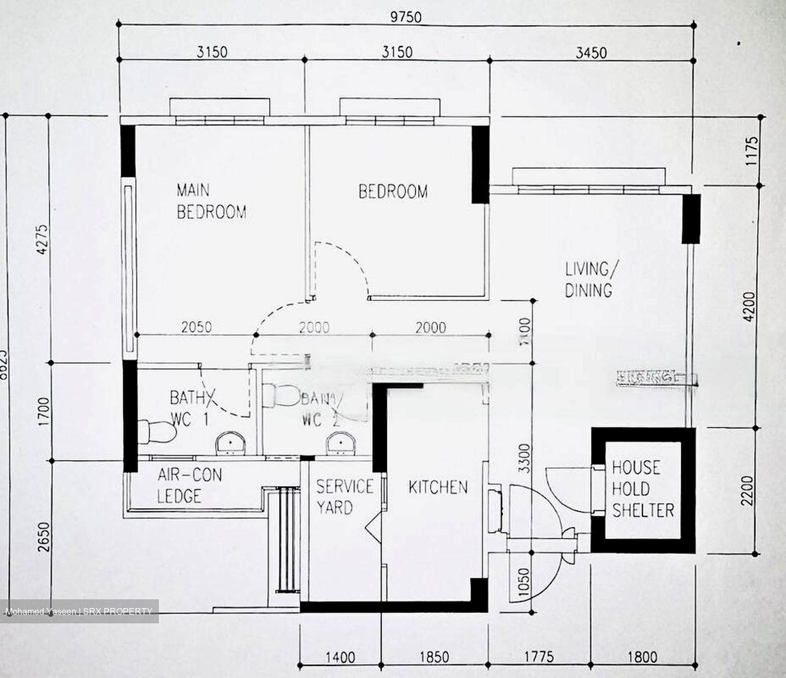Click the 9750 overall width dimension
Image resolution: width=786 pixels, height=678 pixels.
tap(406, 17)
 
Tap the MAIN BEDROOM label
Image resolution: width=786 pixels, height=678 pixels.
tap(211, 201)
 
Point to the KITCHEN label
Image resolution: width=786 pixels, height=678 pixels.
tap(438, 487)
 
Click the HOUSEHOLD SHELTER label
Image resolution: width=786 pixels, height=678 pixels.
tap(642, 489)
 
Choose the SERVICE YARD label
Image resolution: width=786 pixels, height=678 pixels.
tap(344, 497)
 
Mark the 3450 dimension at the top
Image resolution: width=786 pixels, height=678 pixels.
tap(591, 52)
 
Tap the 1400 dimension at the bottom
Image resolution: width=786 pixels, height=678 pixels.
tap(340, 657)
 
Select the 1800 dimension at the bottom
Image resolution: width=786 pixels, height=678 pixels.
tap(642, 657)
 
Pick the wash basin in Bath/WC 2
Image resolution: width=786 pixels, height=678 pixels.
tap(341, 444)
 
